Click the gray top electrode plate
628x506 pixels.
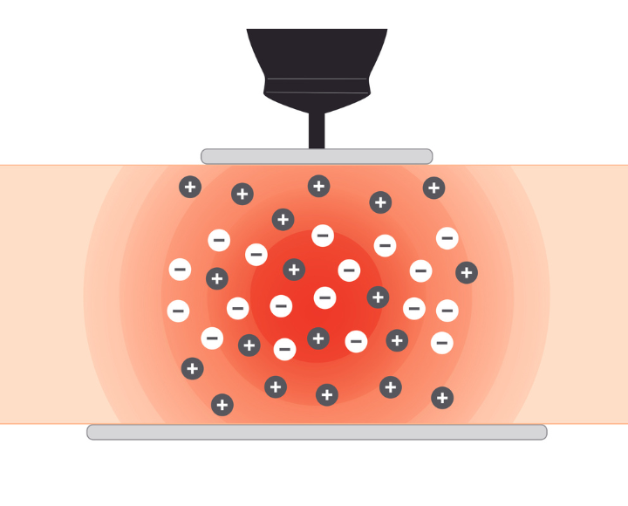click(317, 156)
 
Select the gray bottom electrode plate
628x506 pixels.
click(317, 432)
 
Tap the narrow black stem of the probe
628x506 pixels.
click(317, 131)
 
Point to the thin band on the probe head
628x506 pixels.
click(317, 85)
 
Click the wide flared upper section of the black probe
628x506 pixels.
click(317, 52)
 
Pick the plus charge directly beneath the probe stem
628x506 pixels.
click(319, 186)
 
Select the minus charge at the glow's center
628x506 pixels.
click(324, 297)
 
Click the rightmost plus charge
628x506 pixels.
click(467, 272)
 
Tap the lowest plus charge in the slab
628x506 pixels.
click(222, 405)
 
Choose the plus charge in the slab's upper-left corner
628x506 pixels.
click(190, 187)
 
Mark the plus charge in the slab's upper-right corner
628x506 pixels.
click(433, 188)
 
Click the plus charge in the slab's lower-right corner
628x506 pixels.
click(442, 398)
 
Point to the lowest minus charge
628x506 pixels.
click(284, 350)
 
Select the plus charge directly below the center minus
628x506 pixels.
click(318, 338)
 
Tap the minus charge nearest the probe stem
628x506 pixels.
click(323, 236)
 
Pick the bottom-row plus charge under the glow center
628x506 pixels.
click(327, 395)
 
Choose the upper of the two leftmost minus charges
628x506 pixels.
click(180, 270)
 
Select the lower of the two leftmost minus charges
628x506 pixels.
click(178, 311)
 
